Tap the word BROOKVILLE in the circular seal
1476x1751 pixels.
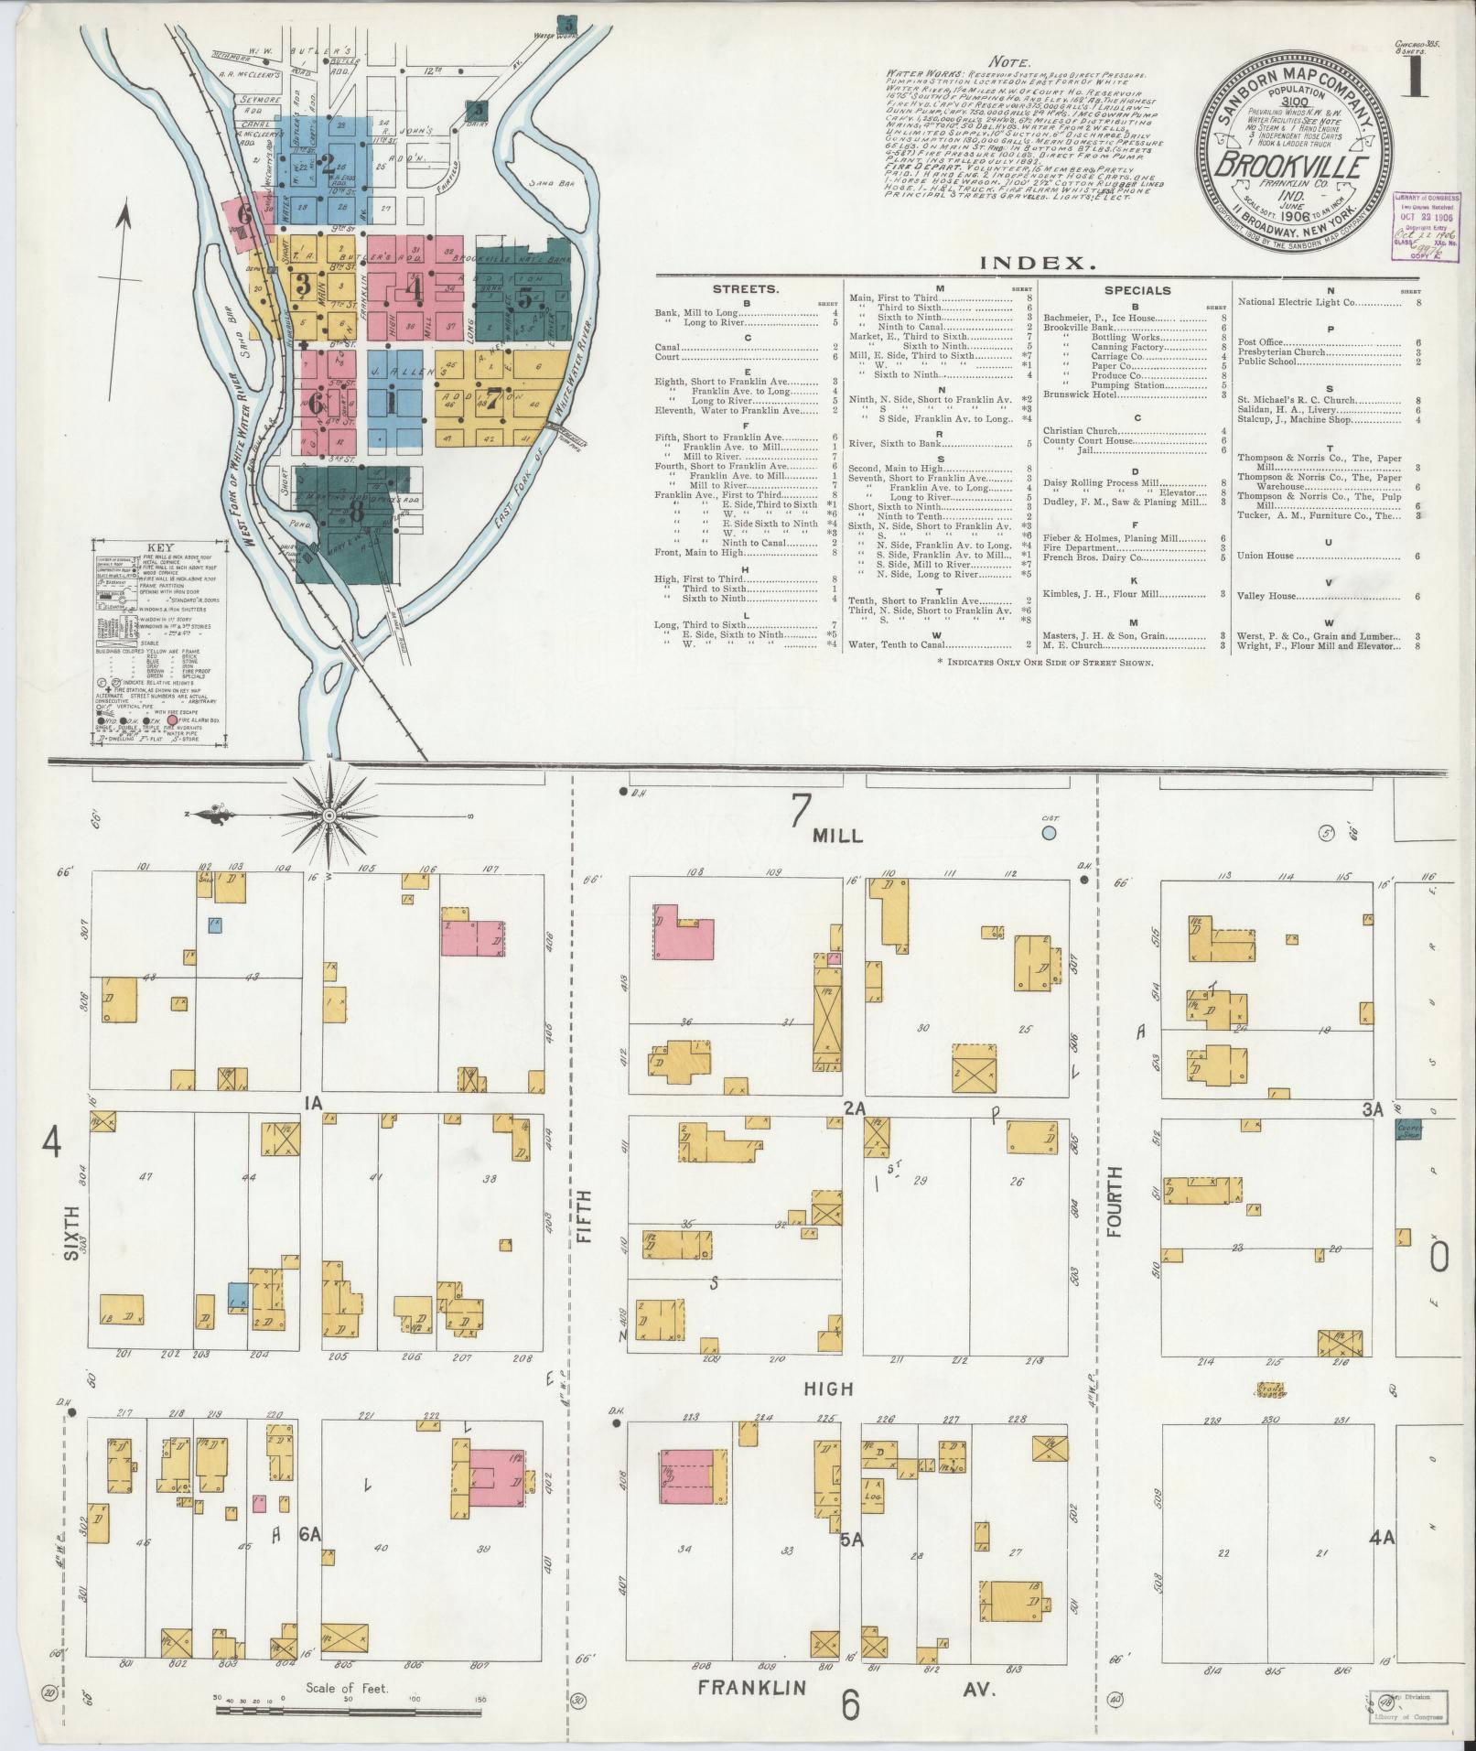pos(1292,168)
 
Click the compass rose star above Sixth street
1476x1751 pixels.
pos(329,814)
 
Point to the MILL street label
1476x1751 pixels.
pos(837,837)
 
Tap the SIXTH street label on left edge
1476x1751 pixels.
pos(71,1232)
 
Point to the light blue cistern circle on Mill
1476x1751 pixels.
pos(1049,833)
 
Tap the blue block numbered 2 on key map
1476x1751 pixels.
pos(329,166)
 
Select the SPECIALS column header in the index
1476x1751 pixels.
pos(1137,290)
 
